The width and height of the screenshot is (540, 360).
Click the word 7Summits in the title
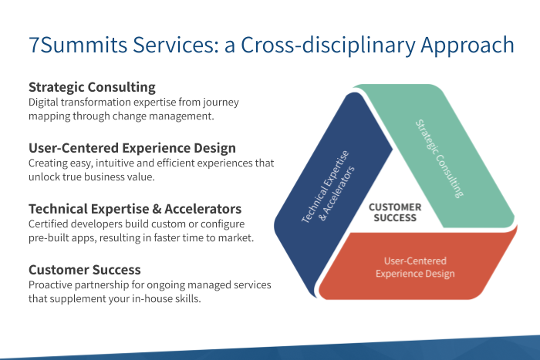pos(78,45)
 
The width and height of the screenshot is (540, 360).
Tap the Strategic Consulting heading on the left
pos(92,87)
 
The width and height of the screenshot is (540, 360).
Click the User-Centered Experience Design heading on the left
pos(132,148)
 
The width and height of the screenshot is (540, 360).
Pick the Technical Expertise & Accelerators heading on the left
pos(135,209)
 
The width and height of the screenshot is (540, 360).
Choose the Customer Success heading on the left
pos(85,270)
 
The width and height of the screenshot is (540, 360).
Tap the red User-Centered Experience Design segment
pos(415,267)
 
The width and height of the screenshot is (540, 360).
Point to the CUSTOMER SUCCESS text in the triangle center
pos(395,212)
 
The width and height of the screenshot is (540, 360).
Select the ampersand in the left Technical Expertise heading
pos(157,209)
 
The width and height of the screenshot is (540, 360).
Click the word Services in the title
pos(176,45)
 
